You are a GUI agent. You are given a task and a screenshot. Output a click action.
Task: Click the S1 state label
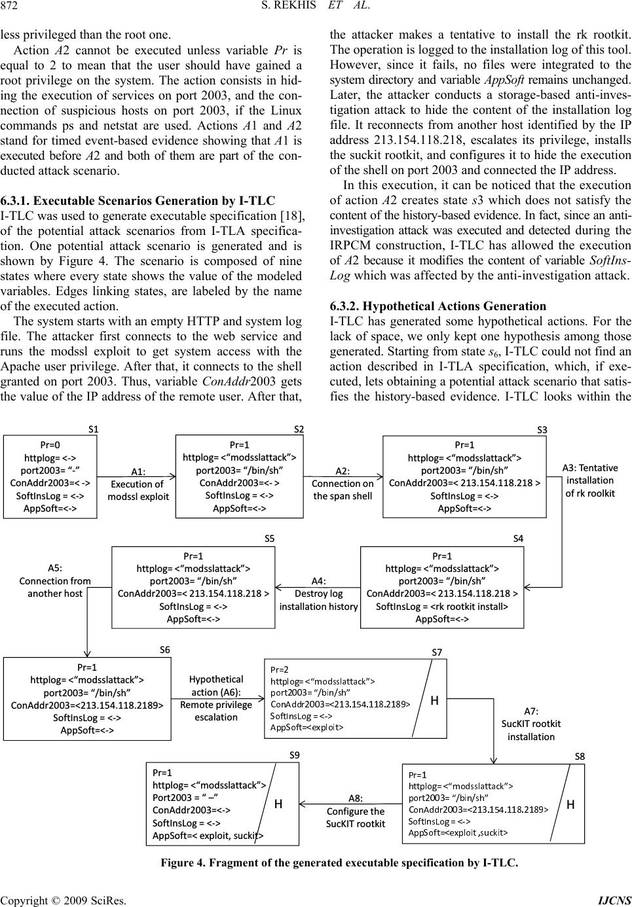pyautogui.click(x=93, y=429)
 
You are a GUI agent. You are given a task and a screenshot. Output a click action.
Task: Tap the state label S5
pyautogui.click(x=269, y=539)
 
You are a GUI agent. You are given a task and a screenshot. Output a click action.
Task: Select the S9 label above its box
pyautogui.click(x=295, y=755)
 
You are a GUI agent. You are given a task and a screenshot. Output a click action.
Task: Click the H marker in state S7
pyautogui.click(x=434, y=700)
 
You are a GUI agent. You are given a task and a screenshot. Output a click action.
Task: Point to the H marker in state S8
pyautogui.click(x=570, y=805)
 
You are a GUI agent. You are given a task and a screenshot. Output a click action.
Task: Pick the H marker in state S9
pyautogui.click(x=278, y=804)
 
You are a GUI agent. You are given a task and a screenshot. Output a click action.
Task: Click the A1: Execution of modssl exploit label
pyautogui.click(x=138, y=484)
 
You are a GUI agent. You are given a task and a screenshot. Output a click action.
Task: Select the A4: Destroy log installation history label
pyautogui.click(x=318, y=594)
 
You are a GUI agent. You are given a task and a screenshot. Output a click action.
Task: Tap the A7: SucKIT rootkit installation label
pyautogui.click(x=531, y=724)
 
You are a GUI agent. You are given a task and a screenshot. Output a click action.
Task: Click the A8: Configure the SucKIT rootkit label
pyautogui.click(x=356, y=811)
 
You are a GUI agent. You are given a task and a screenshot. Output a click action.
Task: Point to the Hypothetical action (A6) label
pyautogui.click(x=216, y=698)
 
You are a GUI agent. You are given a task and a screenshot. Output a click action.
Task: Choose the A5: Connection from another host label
pyautogui.click(x=55, y=580)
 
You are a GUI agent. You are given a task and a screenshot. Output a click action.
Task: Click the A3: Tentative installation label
pyautogui.click(x=590, y=480)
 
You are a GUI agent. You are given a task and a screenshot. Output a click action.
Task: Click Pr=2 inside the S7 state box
pyautogui.click(x=280, y=669)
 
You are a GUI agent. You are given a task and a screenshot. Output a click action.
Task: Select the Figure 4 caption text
pyautogui.click(x=339, y=863)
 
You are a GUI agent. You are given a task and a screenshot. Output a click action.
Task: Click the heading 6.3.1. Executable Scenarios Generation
pyautogui.click(x=138, y=201)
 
